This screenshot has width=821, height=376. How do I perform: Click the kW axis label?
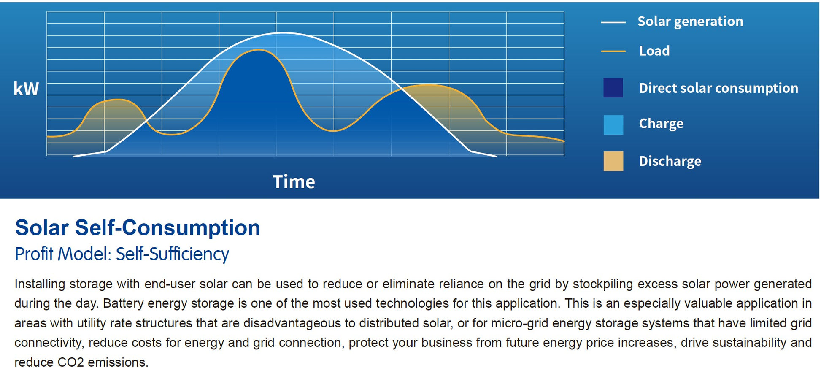tap(26, 89)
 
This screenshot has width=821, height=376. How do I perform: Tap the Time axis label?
tap(294, 182)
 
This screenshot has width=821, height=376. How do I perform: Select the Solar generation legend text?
tap(690, 22)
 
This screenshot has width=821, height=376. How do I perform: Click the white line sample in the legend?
tap(613, 22)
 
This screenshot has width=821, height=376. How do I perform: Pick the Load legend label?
tap(654, 51)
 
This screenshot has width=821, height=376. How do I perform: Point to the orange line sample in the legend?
tap(613, 51)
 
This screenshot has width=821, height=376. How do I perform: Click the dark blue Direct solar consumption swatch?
tap(613, 88)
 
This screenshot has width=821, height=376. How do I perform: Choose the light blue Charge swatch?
tap(613, 125)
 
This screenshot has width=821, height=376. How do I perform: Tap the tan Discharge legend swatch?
tap(613, 161)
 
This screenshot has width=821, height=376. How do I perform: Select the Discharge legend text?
tap(670, 161)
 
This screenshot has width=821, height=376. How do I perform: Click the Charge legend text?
tap(661, 124)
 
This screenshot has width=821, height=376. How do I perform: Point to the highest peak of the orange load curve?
tap(258, 50)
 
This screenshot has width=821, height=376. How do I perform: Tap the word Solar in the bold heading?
tap(42, 228)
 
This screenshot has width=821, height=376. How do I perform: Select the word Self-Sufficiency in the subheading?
tap(172, 254)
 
